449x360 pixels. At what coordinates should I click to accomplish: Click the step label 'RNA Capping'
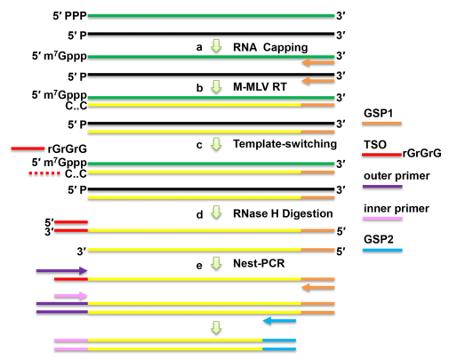pyautogui.click(x=270, y=47)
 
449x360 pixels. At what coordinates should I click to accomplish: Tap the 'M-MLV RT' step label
pyautogui.click(x=260, y=87)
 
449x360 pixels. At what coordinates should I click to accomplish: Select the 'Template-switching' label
pyautogui.click(x=285, y=144)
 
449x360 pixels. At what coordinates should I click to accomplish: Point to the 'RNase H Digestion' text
pyautogui.click(x=283, y=213)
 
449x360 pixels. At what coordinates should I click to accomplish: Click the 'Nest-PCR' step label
pyautogui.click(x=259, y=263)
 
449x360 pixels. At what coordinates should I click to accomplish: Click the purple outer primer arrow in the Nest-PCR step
pyautogui.click(x=61, y=270)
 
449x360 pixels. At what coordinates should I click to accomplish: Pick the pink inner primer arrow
pyautogui.click(x=71, y=295)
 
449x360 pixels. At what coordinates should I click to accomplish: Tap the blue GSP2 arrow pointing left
pyautogui.click(x=279, y=321)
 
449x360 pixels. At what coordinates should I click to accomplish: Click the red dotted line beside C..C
pyautogui.click(x=44, y=173)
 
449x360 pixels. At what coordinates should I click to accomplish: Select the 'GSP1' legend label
pyautogui.click(x=378, y=114)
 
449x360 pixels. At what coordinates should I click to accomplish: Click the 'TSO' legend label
pyautogui.click(x=375, y=145)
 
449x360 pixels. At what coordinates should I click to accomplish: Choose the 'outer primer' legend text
pyautogui.click(x=397, y=176)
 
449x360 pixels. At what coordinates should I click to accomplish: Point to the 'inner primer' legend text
pyautogui.click(x=397, y=209)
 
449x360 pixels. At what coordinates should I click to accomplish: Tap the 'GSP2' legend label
pyautogui.click(x=379, y=239)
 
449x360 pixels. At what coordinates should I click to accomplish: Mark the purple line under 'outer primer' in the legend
pyautogui.click(x=382, y=187)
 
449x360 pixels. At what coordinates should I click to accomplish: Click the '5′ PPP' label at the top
pyautogui.click(x=69, y=16)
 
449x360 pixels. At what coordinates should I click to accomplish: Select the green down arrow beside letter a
pyautogui.click(x=216, y=46)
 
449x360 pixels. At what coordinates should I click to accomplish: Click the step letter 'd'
pyautogui.click(x=199, y=214)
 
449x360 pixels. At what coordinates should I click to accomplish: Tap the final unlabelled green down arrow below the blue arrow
pyautogui.click(x=216, y=328)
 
